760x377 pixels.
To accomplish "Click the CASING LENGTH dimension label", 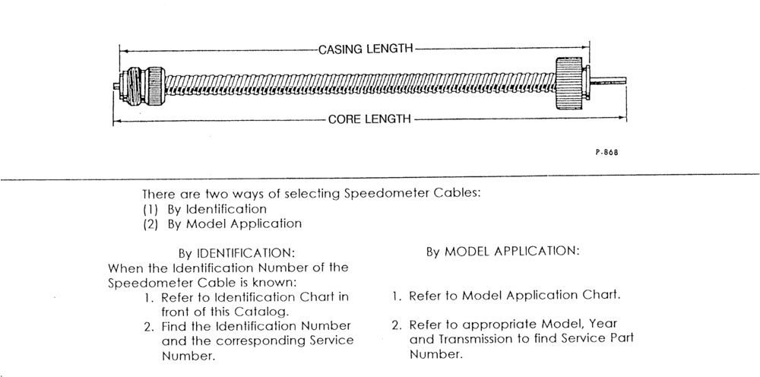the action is [x=366, y=49].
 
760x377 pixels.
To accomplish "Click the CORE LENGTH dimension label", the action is [x=369, y=119].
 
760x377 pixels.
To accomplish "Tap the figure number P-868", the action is [x=606, y=152].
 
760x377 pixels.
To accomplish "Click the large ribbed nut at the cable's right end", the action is [x=569, y=84].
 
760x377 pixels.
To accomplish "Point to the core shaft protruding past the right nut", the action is [x=608, y=81].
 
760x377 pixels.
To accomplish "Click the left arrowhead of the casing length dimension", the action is [x=123, y=50].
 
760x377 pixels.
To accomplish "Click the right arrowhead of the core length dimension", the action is [x=623, y=118].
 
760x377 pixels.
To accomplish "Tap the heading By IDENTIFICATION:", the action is [x=236, y=253].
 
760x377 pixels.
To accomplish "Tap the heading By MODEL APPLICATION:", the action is [x=502, y=252].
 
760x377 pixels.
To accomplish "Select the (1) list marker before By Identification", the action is [x=150, y=209].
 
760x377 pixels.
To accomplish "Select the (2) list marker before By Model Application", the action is [x=150, y=224].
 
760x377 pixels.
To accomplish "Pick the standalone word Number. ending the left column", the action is [x=188, y=356].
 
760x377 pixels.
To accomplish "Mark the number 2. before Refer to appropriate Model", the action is [x=397, y=325].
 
